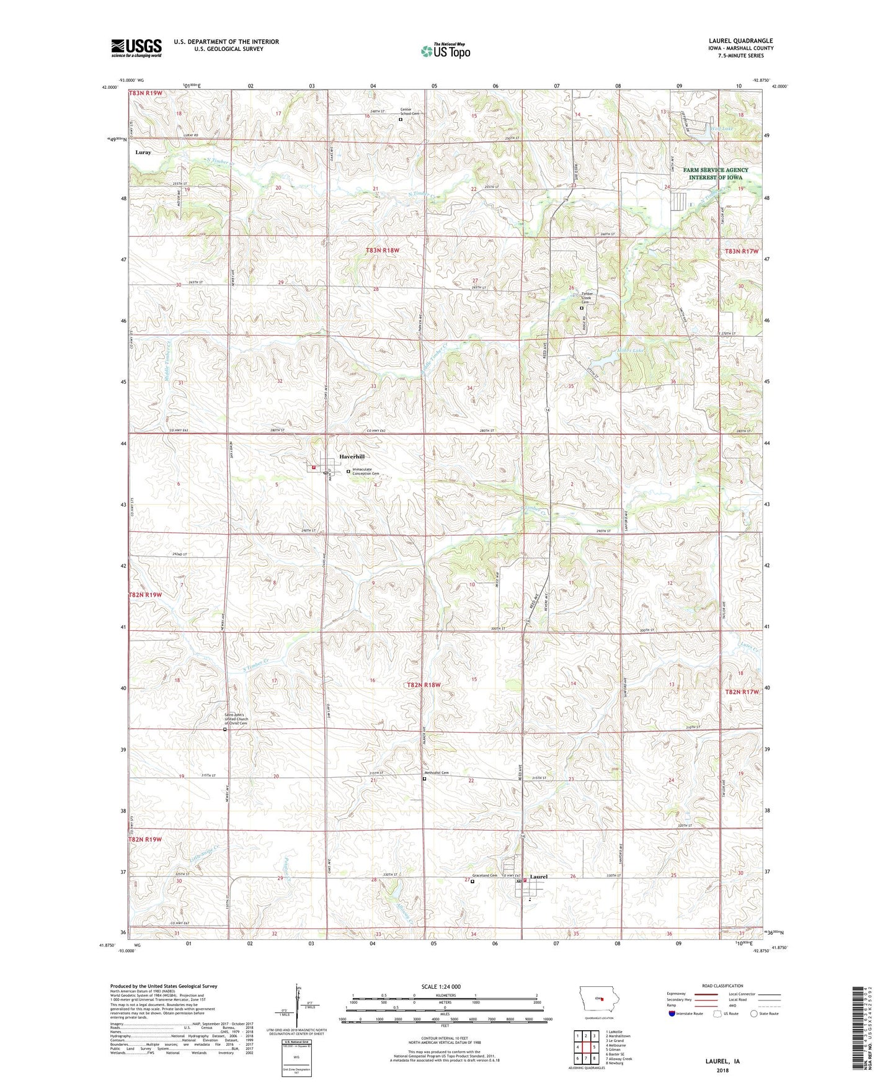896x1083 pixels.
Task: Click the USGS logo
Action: point(136,48)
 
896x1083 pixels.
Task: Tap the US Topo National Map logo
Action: point(445,51)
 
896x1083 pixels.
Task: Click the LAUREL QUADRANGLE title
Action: point(740,41)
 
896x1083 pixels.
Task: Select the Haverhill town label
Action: point(352,457)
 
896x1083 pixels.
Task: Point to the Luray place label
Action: point(143,152)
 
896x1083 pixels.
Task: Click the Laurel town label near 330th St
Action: point(539,876)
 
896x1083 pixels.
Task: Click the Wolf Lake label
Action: point(722,128)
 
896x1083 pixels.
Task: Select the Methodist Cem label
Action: point(436,773)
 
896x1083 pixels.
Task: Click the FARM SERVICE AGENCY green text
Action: point(716,170)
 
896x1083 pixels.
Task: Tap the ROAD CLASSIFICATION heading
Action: point(722,986)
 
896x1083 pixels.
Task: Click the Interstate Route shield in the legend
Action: point(673,1014)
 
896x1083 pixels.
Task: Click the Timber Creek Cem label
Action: point(588,298)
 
